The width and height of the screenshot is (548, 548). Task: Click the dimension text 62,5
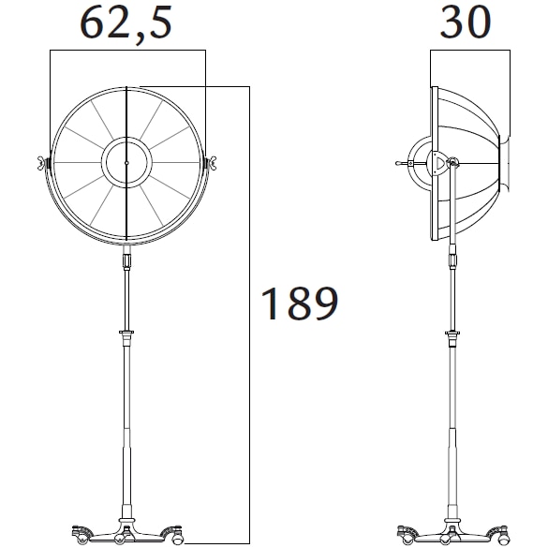pyautogui.click(x=126, y=23)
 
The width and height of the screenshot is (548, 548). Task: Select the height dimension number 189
pyautogui.click(x=299, y=304)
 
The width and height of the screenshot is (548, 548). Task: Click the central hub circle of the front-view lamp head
pyautogui.click(x=126, y=162)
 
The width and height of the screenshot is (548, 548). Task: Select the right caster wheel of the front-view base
pyautogui.click(x=176, y=536)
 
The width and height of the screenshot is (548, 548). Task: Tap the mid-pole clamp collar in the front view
pyautogui.click(x=126, y=333)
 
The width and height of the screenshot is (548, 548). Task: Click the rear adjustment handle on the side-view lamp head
pyautogui.click(x=406, y=163)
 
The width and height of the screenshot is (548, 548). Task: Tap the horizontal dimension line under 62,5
pyautogui.click(x=126, y=52)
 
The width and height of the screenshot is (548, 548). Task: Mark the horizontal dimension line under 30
pyautogui.click(x=466, y=52)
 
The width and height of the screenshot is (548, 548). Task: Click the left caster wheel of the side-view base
pyautogui.click(x=407, y=536)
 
